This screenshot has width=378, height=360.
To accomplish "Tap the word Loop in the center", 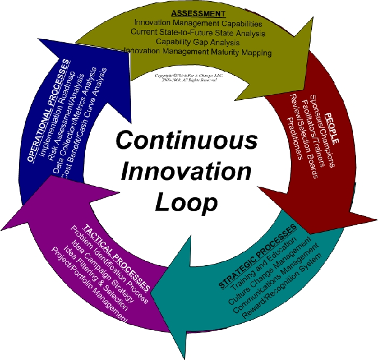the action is pos(186,201).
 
